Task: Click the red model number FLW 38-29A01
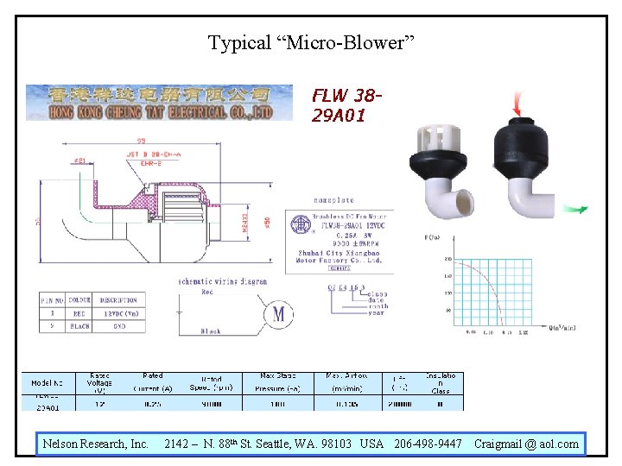click(x=346, y=104)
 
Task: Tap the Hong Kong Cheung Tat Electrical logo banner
click(x=149, y=103)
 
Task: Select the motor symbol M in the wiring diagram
click(x=278, y=313)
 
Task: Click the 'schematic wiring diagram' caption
click(x=223, y=281)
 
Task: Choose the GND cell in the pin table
click(x=118, y=327)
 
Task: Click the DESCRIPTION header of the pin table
click(x=119, y=300)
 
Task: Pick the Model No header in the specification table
click(x=47, y=383)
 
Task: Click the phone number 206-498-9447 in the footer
click(x=428, y=444)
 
